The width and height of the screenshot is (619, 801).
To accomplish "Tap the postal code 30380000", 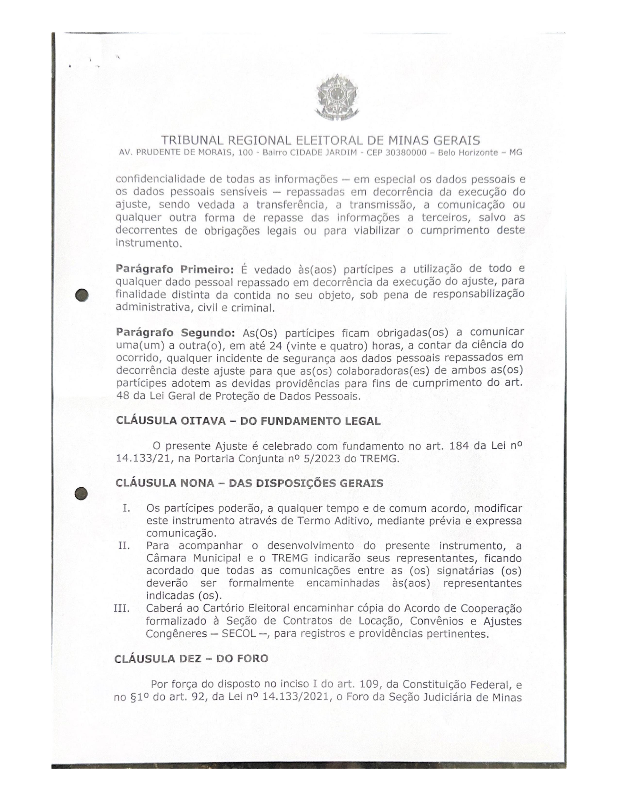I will click(x=406, y=153).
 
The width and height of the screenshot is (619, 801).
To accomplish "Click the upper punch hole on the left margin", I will click(x=82, y=295).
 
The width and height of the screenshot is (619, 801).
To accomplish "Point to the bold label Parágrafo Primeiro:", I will click(x=175, y=269).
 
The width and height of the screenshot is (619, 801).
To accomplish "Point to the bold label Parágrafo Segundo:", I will click(x=175, y=333).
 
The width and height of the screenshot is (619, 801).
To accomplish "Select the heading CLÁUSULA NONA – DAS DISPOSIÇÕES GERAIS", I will click(x=249, y=483).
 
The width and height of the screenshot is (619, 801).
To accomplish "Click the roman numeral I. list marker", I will click(x=126, y=508).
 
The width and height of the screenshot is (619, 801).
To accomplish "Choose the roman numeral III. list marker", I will click(x=122, y=609).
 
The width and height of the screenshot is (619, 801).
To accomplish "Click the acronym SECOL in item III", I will click(x=239, y=634).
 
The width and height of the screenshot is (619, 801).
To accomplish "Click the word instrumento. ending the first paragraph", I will click(x=149, y=243).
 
